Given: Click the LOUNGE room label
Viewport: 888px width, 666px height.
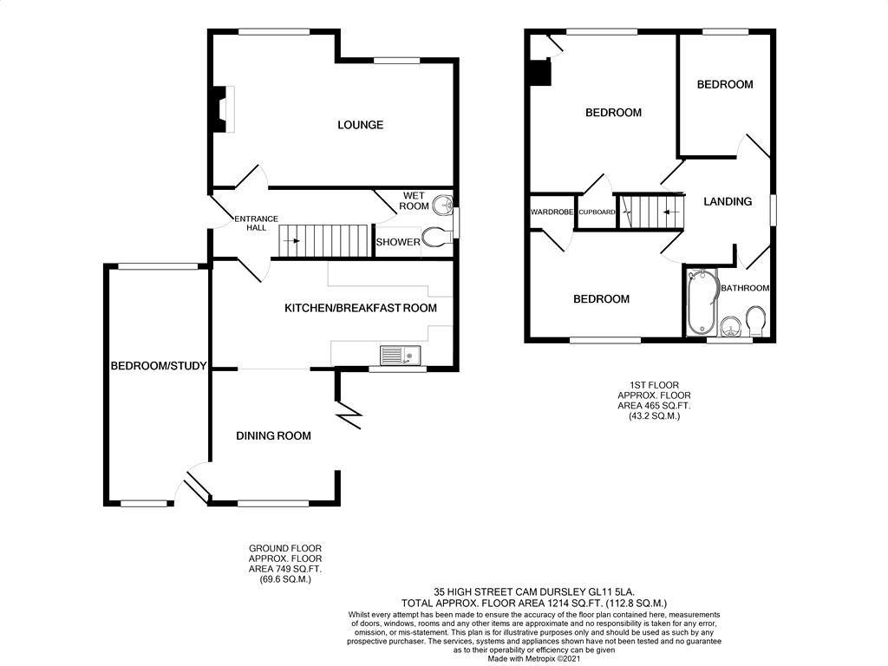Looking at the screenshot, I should coord(360,125).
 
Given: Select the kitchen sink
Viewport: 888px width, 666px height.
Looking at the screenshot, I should coord(400,355).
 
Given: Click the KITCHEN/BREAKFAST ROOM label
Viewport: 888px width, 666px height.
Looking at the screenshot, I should coord(361,308).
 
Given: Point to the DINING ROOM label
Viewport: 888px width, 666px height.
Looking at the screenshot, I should coord(273,435).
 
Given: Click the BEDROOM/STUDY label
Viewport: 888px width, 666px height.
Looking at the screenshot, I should coord(158,366).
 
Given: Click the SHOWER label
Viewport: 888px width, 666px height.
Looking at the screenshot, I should coord(397,242).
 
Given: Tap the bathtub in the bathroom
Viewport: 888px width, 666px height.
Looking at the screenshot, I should coord(699,304).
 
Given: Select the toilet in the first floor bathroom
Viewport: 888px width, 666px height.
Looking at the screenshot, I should coord(754,321).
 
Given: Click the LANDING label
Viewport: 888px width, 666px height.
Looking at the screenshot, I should coord(727,201).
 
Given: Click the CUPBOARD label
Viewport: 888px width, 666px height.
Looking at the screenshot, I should coord(597,212).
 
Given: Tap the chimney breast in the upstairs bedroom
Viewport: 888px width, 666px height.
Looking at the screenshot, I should coord(541,72).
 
